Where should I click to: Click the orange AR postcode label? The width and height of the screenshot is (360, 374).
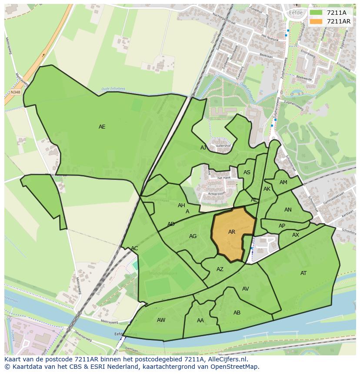click(x=232, y=232)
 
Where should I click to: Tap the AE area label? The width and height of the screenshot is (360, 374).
click(x=102, y=127)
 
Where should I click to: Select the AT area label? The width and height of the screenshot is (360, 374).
click(x=303, y=273)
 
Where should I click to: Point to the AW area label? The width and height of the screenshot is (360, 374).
click(x=161, y=320)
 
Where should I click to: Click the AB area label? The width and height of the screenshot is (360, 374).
click(x=237, y=313)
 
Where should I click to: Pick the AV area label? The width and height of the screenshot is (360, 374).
click(x=246, y=289)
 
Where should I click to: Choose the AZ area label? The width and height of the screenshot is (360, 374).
click(x=220, y=269)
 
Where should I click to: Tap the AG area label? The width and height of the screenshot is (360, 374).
click(x=193, y=236)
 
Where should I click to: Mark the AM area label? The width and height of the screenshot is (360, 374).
click(x=283, y=182)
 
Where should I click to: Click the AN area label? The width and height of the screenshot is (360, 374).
click(x=288, y=210)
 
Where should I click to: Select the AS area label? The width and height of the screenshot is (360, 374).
click(x=247, y=172)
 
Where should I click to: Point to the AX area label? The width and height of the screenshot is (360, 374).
click(x=296, y=235)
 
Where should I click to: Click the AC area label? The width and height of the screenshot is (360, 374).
click(x=134, y=248)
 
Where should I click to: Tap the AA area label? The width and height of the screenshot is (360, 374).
click(x=200, y=321)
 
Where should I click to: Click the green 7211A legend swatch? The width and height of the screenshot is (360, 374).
click(x=316, y=13)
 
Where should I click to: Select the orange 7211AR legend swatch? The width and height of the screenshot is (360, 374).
click(x=316, y=21)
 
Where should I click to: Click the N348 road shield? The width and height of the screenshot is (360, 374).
click(x=16, y=92)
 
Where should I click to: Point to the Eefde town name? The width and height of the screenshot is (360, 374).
click(x=295, y=13)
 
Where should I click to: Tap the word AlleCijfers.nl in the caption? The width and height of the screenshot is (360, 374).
click(x=226, y=359)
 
